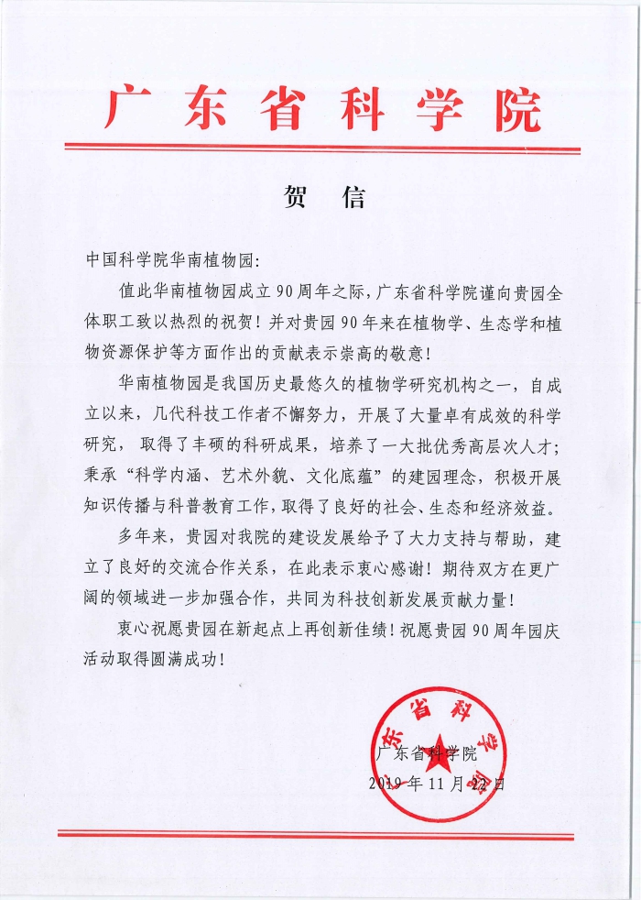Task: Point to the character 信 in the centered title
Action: (x=353, y=198)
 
